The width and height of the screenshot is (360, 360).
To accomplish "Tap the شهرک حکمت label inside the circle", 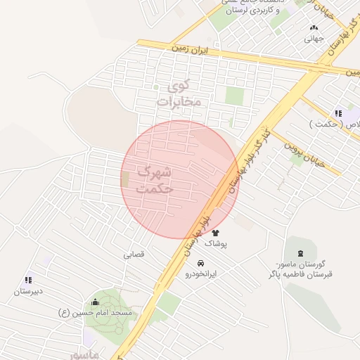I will click(x=155, y=179).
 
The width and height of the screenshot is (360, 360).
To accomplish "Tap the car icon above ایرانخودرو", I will click(x=202, y=263).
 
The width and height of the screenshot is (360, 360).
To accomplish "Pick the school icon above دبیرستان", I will click(x=28, y=280).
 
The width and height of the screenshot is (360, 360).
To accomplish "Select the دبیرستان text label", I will click(x=31, y=290).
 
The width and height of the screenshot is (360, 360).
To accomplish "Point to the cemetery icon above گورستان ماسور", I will click(x=302, y=253).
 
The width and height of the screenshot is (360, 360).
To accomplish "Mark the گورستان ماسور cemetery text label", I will click(x=304, y=269).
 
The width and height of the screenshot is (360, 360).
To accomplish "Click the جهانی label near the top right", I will click(x=314, y=39).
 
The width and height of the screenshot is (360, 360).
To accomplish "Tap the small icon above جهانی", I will click(x=314, y=28).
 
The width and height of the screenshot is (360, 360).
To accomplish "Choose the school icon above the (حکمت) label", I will click(x=339, y=113).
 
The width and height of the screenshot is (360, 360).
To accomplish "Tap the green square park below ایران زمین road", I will click(x=234, y=96).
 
